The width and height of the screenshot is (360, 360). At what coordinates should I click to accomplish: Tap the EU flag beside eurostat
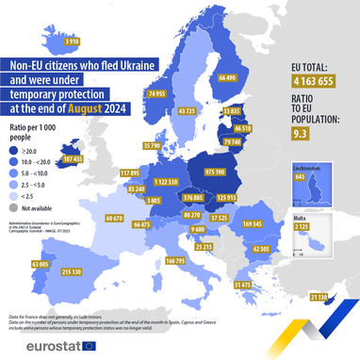coord(90,345)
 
